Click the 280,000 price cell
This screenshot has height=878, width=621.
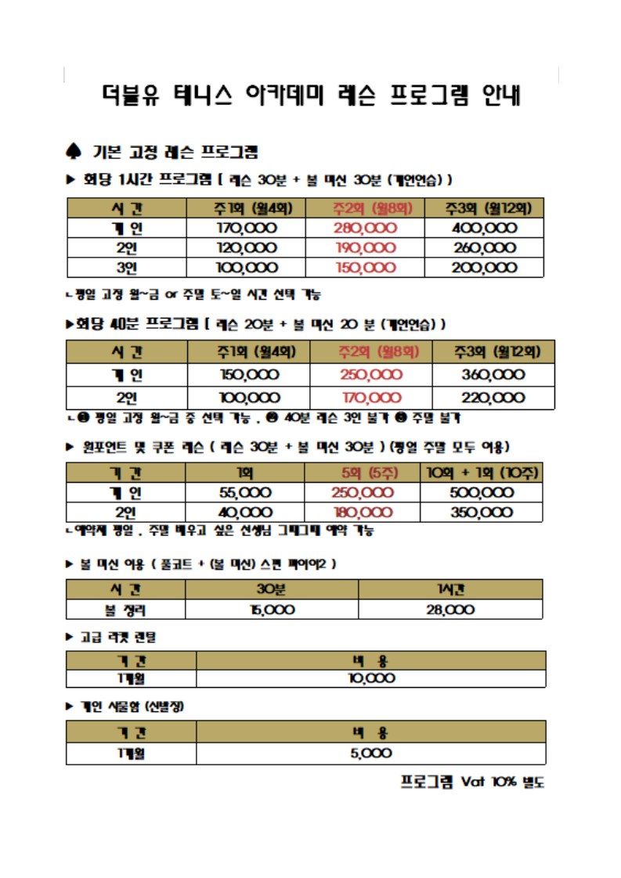pos(365,228)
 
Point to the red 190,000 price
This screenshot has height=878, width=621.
pos(365,248)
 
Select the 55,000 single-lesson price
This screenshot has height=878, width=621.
pos(244,493)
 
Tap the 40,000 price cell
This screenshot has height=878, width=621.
pos(244,513)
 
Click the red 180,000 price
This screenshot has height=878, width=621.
pos(363,513)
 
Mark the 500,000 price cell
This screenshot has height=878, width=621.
pos(482,493)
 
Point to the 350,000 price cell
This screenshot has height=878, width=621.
pos(482,513)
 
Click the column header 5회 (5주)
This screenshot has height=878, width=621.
pos(363,473)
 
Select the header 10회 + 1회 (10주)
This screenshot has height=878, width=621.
pos(482,473)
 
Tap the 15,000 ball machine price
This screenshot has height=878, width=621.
pos(271,610)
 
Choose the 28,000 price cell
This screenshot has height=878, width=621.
pos(450,610)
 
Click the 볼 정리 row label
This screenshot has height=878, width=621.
pos(125,610)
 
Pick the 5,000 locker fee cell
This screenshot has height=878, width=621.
pos(370,754)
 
